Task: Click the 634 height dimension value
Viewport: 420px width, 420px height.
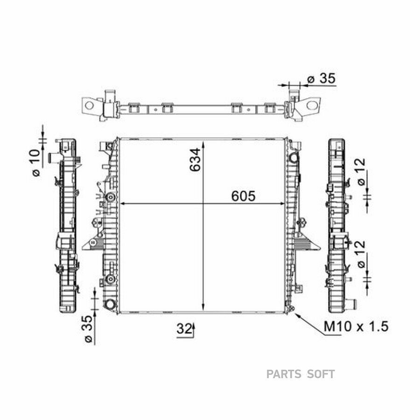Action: [195, 160]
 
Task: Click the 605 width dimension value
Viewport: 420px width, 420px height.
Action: [243, 196]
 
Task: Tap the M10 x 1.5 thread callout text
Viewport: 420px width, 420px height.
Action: [356, 327]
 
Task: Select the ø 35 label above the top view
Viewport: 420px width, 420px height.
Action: [322, 78]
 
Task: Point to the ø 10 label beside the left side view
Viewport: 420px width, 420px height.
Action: [36, 162]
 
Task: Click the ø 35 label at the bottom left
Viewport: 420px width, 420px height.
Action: [88, 329]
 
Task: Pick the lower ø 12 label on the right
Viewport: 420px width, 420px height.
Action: [361, 254]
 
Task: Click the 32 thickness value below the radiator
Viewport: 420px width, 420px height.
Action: [184, 329]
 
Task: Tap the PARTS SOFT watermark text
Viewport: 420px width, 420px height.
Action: [301, 374]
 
